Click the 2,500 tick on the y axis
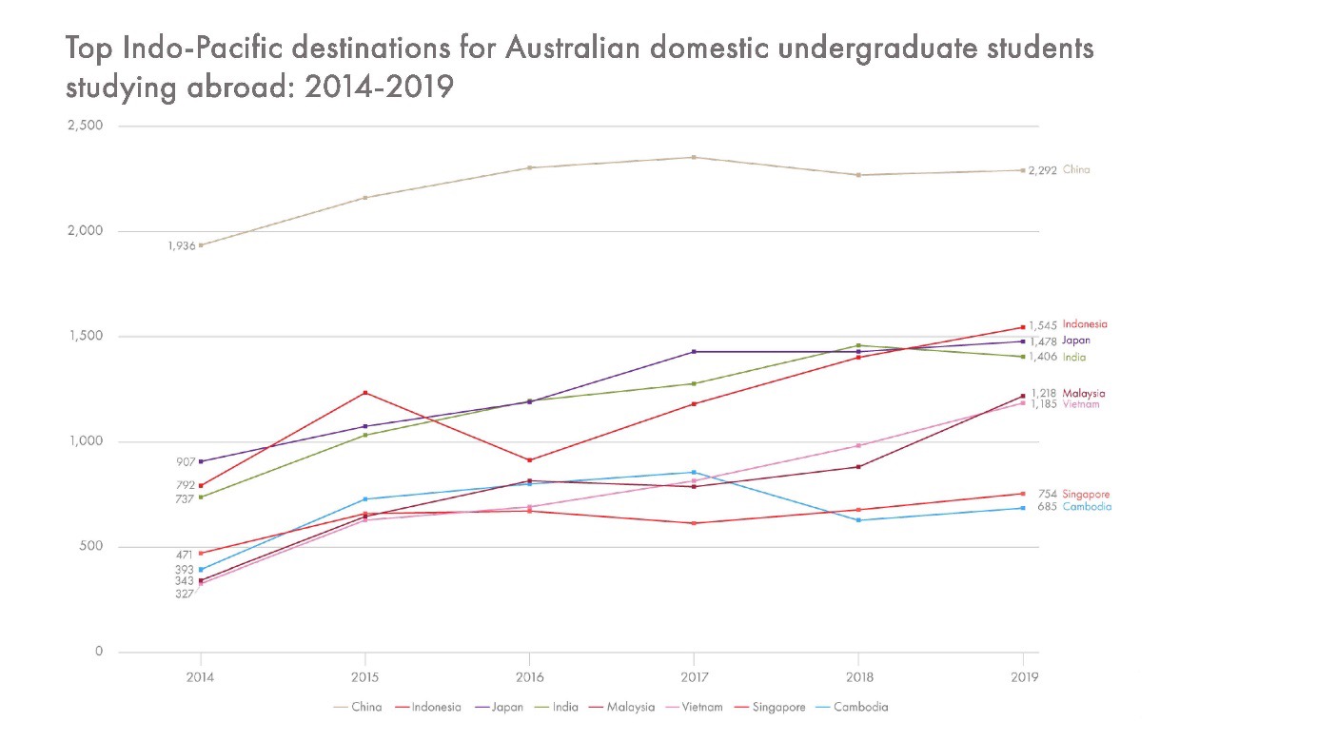pyautogui.click(x=85, y=126)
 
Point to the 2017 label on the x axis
pyautogui.click(x=694, y=677)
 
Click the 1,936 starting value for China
pyautogui.click(x=181, y=245)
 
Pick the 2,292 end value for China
pyautogui.click(x=1043, y=170)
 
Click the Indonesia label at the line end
pyautogui.click(x=1085, y=324)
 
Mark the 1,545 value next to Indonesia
pyautogui.click(x=1043, y=325)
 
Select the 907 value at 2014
pyautogui.click(x=185, y=462)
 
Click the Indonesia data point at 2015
pyautogui.click(x=365, y=393)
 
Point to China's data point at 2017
pyautogui.click(x=694, y=157)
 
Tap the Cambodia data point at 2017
pyautogui.click(x=694, y=472)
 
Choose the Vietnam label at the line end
pyautogui.click(x=1081, y=404)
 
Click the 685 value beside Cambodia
pyautogui.click(x=1048, y=507)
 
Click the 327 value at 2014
pyautogui.click(x=185, y=594)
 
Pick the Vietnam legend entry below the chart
pyautogui.click(x=703, y=707)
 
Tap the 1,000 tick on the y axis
pyautogui.click(x=85, y=441)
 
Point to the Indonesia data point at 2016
pyautogui.click(x=529, y=460)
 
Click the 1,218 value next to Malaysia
pyautogui.click(x=1043, y=393)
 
